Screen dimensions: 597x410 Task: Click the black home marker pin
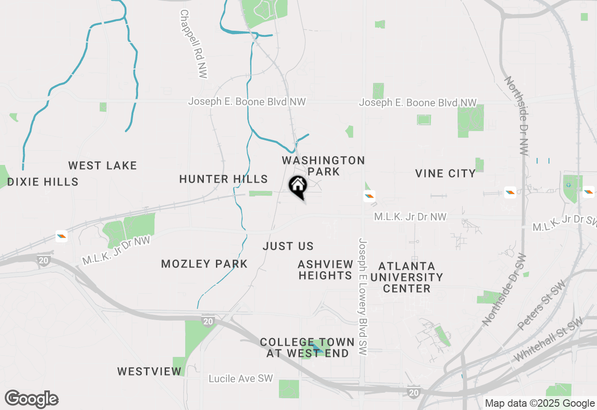click(x=298, y=186)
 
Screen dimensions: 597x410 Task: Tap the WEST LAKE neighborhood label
click(x=103, y=165)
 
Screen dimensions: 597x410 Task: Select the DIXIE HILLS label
click(x=43, y=182)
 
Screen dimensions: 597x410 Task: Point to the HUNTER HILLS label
click(x=223, y=179)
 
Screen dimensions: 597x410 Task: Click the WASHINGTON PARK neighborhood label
click(x=323, y=166)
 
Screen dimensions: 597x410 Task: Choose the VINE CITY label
click(x=445, y=174)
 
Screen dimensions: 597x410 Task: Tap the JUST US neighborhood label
click(x=288, y=246)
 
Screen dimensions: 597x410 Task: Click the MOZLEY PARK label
click(x=204, y=264)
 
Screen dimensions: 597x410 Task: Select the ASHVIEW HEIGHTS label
click(x=326, y=270)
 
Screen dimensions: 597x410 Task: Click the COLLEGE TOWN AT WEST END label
click(x=307, y=348)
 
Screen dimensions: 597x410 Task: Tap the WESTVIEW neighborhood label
click(x=149, y=371)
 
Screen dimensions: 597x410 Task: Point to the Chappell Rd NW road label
click(x=194, y=44)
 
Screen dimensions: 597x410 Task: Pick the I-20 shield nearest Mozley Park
click(x=208, y=321)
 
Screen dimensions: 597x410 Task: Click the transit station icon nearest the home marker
click(x=369, y=196)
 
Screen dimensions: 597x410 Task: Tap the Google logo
click(x=32, y=399)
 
